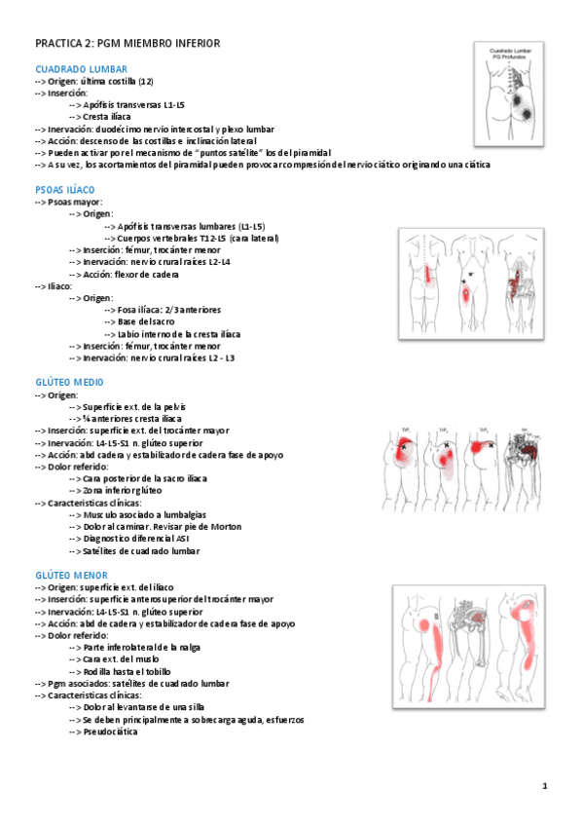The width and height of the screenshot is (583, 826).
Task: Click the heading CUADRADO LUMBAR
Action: click(81, 70)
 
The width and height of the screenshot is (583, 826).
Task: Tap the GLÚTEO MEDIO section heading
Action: click(68, 382)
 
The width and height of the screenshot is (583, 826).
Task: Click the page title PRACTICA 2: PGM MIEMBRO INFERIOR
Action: click(128, 43)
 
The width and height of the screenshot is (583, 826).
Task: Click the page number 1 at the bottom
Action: click(545, 785)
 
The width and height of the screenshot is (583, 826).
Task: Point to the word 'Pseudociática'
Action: click(110, 732)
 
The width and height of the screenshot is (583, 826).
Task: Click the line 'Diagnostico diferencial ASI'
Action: click(136, 539)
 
